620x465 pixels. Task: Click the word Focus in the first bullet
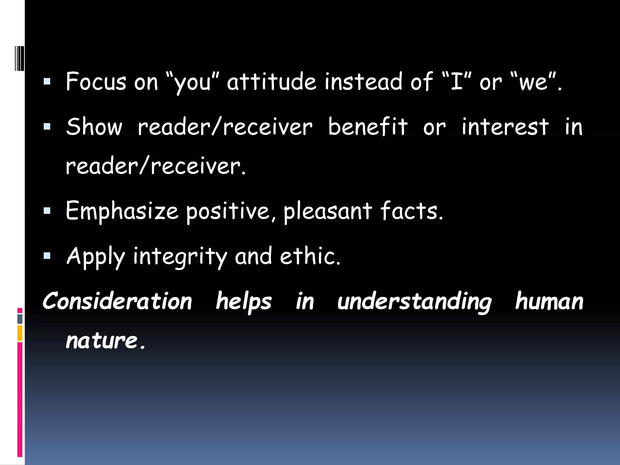coord(96,82)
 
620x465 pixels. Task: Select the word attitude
coord(272,82)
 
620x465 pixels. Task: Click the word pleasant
coord(328,211)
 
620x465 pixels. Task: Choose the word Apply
coord(96,256)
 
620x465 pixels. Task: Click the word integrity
coord(180,256)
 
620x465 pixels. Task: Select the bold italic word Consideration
coord(117,301)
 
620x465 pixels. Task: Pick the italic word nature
coord(102,341)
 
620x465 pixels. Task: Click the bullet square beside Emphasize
coord(47,211)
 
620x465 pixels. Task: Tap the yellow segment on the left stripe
coord(20,333)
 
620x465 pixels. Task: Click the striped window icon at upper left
coord(19,58)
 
